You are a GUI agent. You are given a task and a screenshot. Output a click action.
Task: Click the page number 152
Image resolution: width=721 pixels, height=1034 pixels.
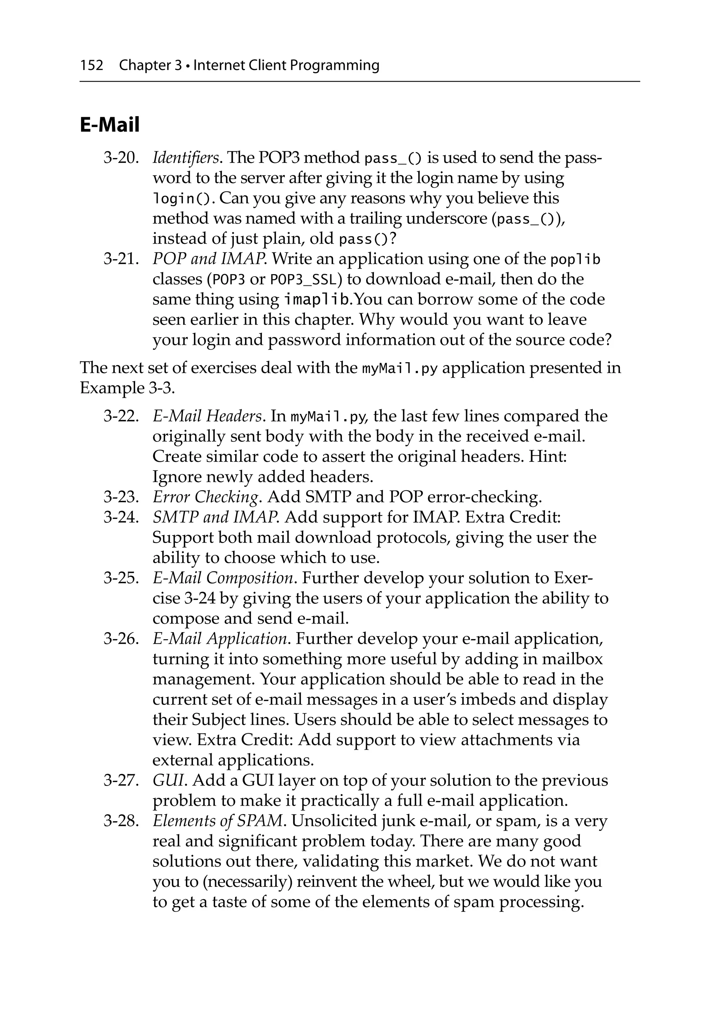tap(92, 66)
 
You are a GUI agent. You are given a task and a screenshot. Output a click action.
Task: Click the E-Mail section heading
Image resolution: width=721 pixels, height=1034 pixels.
tap(109, 125)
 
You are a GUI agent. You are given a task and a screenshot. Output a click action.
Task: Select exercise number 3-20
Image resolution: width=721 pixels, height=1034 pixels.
tap(121, 158)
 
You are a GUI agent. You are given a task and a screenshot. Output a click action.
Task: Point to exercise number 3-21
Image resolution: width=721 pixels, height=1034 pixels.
tap(121, 259)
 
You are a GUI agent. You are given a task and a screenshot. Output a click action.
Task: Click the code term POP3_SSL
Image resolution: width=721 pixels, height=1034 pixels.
tap(303, 280)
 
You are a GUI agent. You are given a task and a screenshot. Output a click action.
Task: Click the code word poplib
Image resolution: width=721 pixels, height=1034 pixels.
tap(576, 260)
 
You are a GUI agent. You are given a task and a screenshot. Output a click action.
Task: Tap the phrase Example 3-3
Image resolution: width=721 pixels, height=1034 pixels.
tap(127, 388)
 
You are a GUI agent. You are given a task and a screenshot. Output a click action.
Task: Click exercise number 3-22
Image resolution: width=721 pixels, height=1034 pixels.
tap(121, 416)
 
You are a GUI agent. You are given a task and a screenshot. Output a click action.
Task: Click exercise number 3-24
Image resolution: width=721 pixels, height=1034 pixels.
tap(121, 517)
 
